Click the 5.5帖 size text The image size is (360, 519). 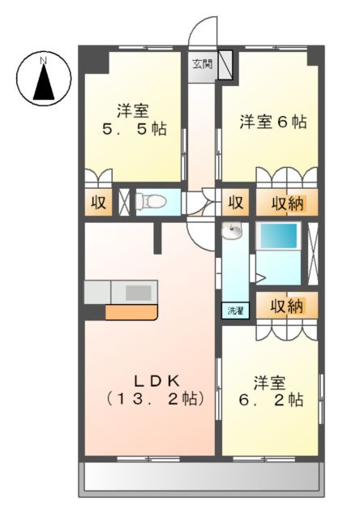[135, 128]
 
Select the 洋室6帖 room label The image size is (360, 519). [272, 122]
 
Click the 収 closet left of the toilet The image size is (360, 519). [97, 201]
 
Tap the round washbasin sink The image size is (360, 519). [234, 233]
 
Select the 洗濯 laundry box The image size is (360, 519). [234, 310]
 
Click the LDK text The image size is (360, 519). [151, 380]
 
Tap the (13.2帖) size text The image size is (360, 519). [152, 400]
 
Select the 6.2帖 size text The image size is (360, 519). [272, 400]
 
